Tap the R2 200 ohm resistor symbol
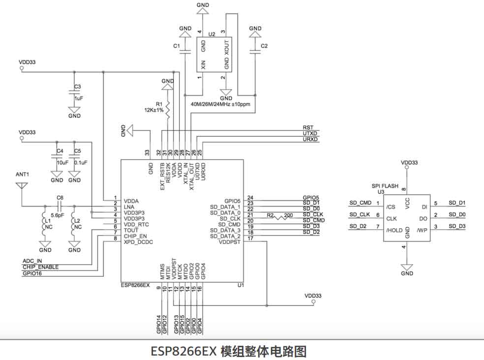(x=282, y=216)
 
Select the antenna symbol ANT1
(x=21, y=186)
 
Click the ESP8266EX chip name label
(x=135, y=285)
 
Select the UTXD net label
(x=310, y=134)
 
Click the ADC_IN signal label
(x=32, y=261)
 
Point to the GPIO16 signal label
(x=32, y=273)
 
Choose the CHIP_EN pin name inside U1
(x=135, y=236)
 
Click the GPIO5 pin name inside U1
(x=232, y=201)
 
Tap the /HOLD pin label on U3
(x=394, y=230)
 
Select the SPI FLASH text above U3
(x=385, y=186)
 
